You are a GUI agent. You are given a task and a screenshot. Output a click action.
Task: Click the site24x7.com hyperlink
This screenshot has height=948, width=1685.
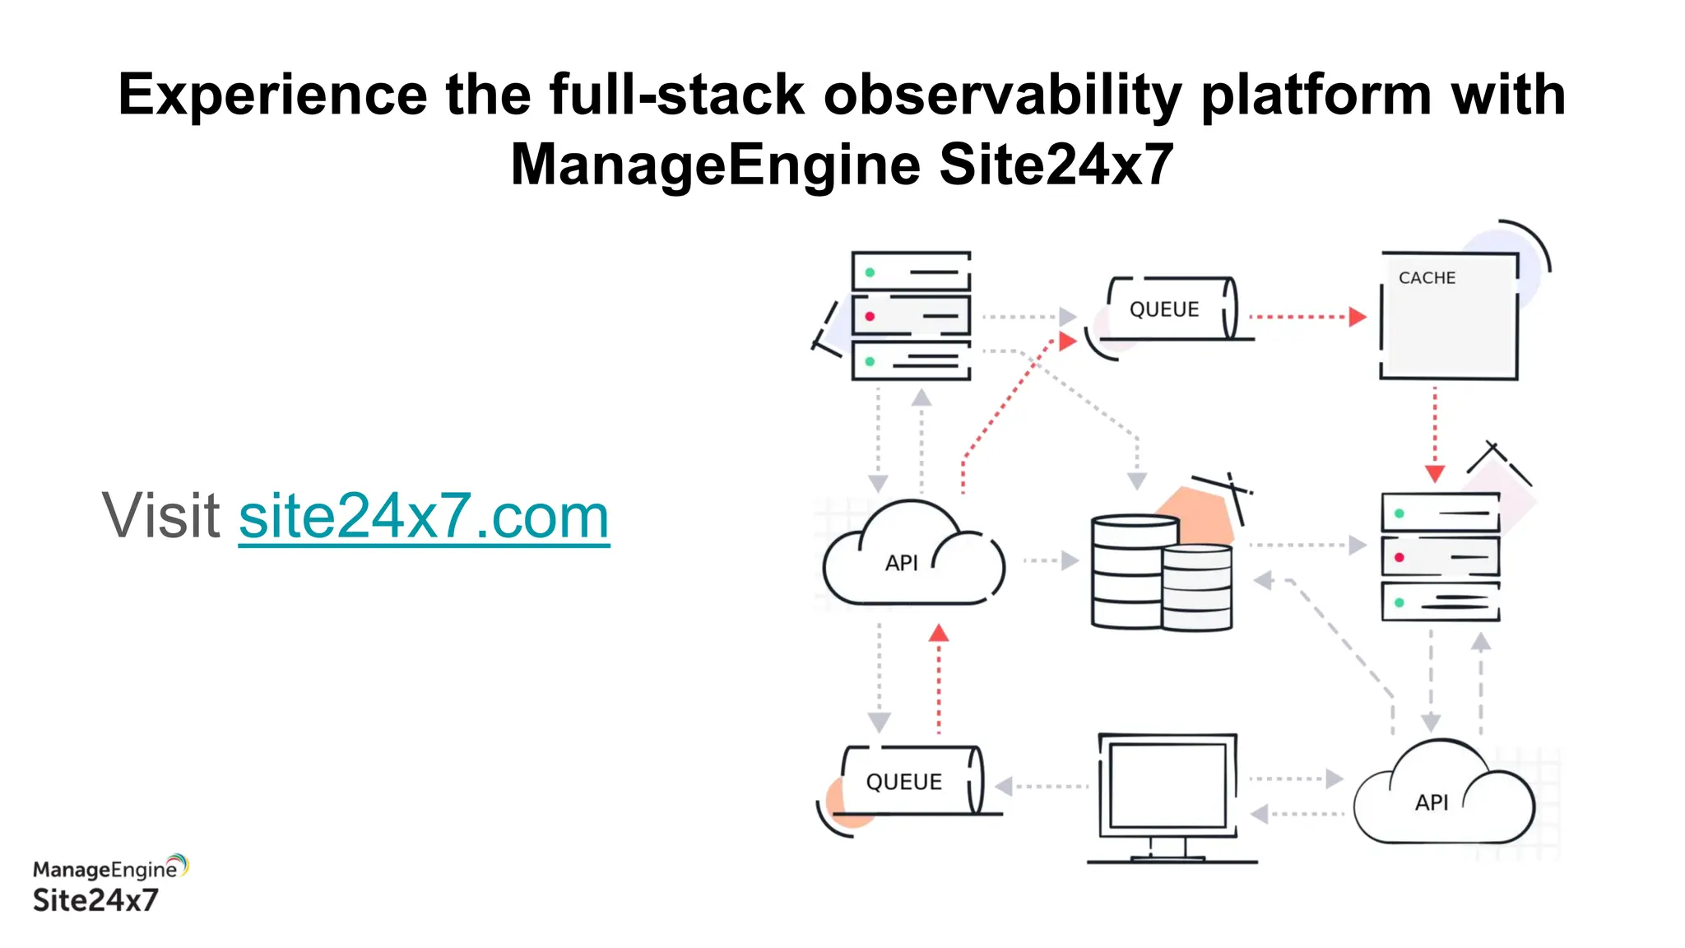[x=424, y=517]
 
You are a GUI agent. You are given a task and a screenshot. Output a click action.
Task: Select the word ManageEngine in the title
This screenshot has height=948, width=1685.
[x=714, y=165]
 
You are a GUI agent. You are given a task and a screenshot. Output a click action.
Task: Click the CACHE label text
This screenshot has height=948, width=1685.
[x=1427, y=278]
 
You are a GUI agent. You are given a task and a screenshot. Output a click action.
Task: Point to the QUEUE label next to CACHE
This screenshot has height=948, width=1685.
[x=1163, y=309]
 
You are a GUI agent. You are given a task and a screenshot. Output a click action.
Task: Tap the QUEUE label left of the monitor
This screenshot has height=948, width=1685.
[x=903, y=782]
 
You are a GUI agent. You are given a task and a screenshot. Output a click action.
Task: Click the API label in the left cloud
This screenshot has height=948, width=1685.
[x=901, y=563]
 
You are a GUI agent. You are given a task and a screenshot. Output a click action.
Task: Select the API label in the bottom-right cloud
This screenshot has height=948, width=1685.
[x=1431, y=802]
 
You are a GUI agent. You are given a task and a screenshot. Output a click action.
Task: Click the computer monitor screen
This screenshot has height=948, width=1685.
[x=1167, y=785]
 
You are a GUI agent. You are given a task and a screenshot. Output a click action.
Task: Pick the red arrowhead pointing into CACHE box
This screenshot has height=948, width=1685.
[x=1358, y=317]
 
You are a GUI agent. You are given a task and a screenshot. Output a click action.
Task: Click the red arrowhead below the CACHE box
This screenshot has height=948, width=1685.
[x=1435, y=474]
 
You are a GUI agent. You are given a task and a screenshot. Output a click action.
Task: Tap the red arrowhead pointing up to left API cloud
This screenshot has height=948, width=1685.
[x=939, y=634]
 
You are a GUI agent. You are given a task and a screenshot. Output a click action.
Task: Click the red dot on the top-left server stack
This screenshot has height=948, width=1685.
[x=870, y=317]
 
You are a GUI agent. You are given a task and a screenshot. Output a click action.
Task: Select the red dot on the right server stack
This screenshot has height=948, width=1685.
[x=1399, y=558]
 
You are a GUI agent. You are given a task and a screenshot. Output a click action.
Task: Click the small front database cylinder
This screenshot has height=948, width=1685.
[x=1197, y=588]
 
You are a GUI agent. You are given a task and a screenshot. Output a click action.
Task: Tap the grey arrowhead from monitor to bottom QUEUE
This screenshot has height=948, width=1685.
[x=1004, y=786]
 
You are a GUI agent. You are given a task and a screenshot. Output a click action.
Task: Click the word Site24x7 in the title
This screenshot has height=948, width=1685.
[x=1056, y=165]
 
